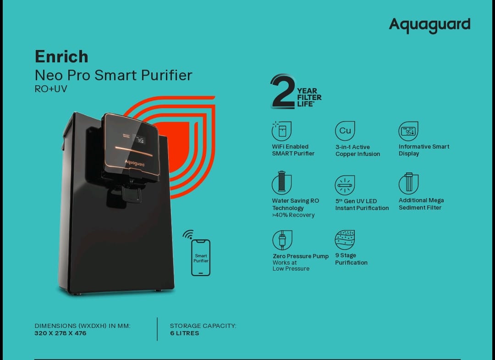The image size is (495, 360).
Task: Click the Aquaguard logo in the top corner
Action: (x=429, y=25)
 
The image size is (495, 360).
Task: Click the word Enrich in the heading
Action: (x=61, y=56)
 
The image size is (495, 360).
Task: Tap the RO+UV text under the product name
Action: (x=51, y=89)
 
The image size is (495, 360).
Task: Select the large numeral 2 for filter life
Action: (x=282, y=92)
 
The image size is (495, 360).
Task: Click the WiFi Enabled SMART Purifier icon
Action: (x=281, y=131)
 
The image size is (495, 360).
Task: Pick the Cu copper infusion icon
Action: (x=345, y=131)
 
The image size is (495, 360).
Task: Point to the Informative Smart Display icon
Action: (x=408, y=131)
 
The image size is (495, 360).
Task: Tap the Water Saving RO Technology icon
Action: (x=281, y=183)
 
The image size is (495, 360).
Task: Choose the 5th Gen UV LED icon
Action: (x=345, y=185)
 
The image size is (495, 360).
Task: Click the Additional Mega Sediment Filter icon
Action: (x=408, y=183)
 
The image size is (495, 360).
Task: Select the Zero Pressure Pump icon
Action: (x=282, y=240)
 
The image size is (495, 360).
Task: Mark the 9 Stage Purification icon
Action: (x=345, y=240)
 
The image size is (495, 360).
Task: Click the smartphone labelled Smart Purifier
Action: (x=201, y=258)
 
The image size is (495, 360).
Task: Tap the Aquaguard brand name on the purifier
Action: (x=134, y=163)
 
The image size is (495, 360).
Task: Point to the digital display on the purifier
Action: (x=139, y=139)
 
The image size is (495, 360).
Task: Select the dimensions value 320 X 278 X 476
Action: (x=60, y=333)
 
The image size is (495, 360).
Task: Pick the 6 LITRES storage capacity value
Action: (x=185, y=333)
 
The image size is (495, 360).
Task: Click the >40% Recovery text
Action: (x=293, y=215)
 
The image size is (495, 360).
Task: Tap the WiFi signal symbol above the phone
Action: (x=188, y=234)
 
